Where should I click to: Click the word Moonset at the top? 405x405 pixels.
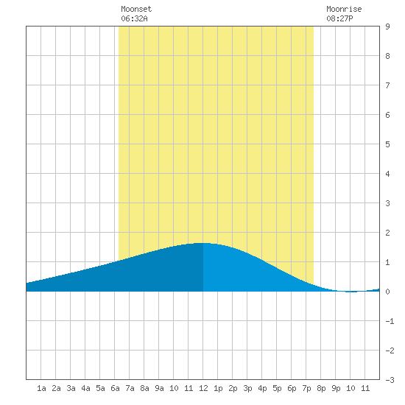point(136,9)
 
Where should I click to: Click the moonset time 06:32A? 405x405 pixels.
point(134,18)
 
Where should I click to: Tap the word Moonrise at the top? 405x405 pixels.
point(344,9)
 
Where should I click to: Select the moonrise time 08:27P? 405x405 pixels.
point(339,18)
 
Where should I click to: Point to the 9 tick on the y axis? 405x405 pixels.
point(387,27)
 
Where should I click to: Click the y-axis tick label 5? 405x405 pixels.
point(387,144)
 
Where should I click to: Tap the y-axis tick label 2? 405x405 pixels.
point(387,233)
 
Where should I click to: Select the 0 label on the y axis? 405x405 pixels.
point(387,292)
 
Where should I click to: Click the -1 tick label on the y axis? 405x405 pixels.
point(390,321)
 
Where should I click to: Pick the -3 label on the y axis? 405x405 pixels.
point(390,380)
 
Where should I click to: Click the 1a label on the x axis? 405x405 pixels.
point(41,388)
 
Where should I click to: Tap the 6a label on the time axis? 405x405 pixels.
point(115,388)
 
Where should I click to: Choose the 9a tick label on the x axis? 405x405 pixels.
point(159,388)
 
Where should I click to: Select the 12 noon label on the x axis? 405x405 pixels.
point(203,388)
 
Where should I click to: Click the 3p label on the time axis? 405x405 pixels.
point(247,388)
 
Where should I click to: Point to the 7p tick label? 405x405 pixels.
point(306,388)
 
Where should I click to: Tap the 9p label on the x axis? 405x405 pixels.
point(336,388)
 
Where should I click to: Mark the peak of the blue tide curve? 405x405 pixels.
point(202,243)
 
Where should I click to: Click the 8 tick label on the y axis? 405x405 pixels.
point(387,56)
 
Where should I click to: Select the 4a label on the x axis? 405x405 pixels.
point(85,388)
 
